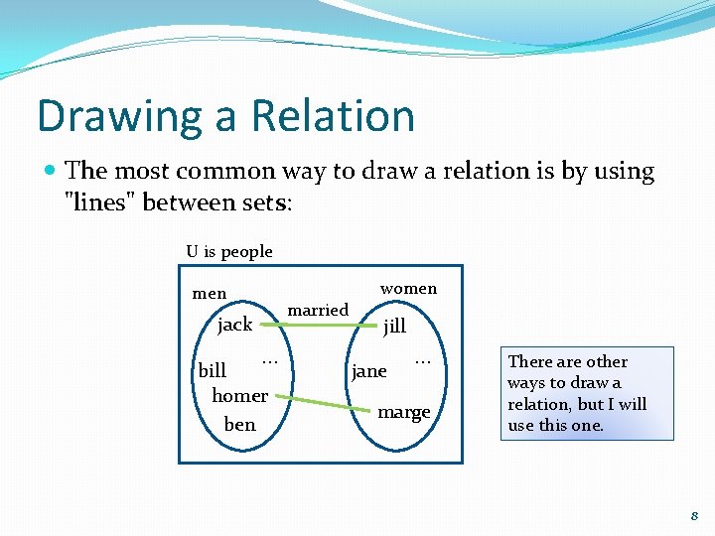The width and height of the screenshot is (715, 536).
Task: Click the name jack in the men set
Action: [x=234, y=325]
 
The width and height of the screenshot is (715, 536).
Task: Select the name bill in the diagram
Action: [x=213, y=370]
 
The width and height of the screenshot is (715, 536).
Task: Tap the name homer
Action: [x=239, y=395]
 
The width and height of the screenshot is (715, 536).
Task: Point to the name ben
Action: [x=239, y=424]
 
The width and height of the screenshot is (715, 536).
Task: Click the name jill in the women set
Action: [x=394, y=327]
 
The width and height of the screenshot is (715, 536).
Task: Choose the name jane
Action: [x=369, y=371]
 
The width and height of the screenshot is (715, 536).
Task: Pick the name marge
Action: [x=404, y=412]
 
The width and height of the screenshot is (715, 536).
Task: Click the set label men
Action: [x=209, y=294]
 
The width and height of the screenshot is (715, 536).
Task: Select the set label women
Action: [x=408, y=289]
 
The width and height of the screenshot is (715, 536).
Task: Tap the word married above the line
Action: [x=318, y=310]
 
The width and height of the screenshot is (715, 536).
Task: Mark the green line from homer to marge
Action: [x=318, y=403]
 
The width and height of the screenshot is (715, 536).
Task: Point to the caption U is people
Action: [x=229, y=251]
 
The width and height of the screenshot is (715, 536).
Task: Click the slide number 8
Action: [x=694, y=515]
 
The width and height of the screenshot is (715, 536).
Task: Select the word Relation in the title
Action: [x=333, y=116]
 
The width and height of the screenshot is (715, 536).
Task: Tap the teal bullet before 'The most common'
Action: [x=50, y=172]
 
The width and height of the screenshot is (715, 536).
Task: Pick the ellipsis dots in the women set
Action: [x=422, y=357]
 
